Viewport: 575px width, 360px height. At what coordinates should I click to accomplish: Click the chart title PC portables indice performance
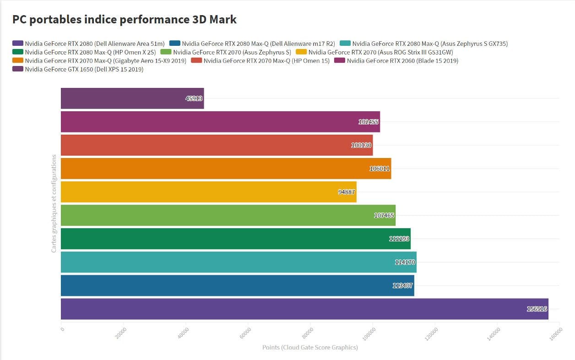coord(124,20)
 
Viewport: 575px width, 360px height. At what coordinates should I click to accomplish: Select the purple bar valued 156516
coord(304,309)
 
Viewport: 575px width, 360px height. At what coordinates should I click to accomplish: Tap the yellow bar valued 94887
coord(208,192)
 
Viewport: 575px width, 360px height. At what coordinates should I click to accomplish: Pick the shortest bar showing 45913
coord(132,98)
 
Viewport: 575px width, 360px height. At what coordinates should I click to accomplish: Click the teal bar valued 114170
coord(239,262)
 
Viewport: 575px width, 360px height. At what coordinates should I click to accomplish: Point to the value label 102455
coord(369,122)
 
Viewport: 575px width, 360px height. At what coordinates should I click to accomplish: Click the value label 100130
coord(361,145)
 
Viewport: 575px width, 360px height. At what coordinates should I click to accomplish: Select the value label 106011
coord(380,169)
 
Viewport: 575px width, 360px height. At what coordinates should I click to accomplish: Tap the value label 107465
coord(384,215)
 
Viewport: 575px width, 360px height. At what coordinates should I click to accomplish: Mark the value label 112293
coord(399,239)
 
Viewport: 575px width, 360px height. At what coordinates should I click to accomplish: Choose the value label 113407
coord(402,285)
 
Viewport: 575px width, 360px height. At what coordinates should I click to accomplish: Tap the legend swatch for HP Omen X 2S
coord(17,52)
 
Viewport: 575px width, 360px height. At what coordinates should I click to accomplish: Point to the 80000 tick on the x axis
coord(309,331)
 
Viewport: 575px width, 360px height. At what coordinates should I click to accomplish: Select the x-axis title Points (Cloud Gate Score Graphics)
coord(310,347)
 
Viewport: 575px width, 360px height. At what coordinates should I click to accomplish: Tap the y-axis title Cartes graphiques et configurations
coord(54,203)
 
